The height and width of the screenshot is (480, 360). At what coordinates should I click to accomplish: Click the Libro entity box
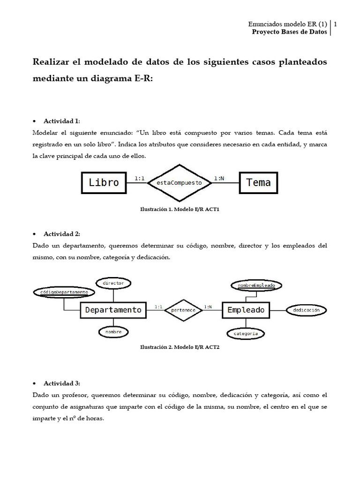pos(104,182)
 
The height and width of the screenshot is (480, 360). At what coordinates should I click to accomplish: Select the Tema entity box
pos(258,182)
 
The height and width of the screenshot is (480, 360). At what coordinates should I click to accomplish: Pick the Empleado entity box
pos(246,310)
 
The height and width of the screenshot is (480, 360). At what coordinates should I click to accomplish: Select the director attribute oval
pos(113,283)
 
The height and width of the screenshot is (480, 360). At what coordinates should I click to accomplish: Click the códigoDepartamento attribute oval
pos(64,292)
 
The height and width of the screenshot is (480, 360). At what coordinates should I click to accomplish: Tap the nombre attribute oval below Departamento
pos(113,332)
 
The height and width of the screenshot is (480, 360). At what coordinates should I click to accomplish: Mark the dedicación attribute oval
pos(306,310)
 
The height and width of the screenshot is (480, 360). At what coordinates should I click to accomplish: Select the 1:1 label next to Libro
pos(140,178)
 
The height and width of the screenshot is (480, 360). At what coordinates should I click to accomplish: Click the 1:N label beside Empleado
pos(208,307)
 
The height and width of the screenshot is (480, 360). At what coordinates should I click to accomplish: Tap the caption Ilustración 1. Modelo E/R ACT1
pos(180,210)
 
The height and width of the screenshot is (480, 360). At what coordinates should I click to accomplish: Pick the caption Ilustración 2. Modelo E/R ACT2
pos(180,348)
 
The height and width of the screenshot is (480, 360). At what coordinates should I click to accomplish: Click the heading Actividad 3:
pos(62,383)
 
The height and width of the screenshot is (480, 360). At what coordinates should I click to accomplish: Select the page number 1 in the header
pos(336,24)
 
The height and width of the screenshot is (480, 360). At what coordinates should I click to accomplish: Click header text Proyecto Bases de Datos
pos(289,32)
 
